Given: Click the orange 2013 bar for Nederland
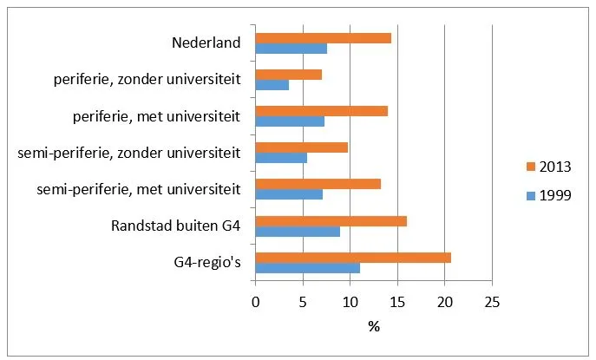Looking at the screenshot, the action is coord(324,38).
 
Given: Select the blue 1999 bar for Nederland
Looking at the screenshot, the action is coord(291,49).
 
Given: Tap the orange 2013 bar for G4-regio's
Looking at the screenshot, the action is coord(353,258).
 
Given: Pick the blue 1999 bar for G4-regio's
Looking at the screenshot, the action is coord(308,268).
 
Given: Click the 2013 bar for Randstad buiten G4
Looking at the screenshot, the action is coord(331,221).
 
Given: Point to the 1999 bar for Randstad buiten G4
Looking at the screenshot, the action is coord(298,232).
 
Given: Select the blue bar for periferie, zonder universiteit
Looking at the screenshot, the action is coord(272,85).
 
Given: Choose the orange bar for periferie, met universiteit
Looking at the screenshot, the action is coord(322,111).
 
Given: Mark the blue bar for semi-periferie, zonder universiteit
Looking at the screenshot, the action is coord(281,158).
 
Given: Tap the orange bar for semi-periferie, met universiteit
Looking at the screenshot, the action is coord(318,185).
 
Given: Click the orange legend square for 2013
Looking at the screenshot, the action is coord(531,167).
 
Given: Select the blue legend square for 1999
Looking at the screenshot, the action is coord(531,196).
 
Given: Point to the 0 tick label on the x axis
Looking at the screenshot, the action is coord(255,302).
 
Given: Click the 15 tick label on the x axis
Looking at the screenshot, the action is coord(397,302).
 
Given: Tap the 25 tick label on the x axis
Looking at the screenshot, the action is coord(492,302).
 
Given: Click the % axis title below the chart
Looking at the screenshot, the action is coord(374,326).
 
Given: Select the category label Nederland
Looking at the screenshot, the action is coord(206,43).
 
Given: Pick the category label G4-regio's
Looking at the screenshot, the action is coord(207,263).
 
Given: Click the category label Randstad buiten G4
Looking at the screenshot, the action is coord(176,226).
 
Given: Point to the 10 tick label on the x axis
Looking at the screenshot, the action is coord(350,302).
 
